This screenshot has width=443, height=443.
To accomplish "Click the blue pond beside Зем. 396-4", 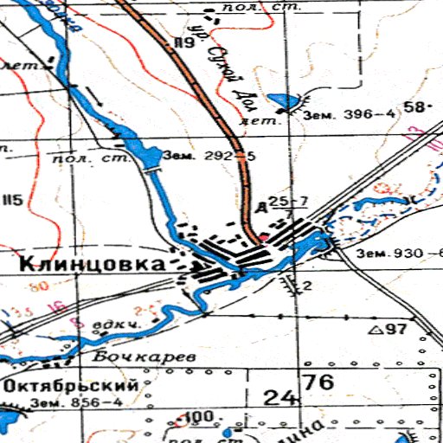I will coord(280,101).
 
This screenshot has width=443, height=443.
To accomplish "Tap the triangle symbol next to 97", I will coord(376,331).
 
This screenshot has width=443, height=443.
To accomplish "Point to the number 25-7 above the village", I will coord(288,202).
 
